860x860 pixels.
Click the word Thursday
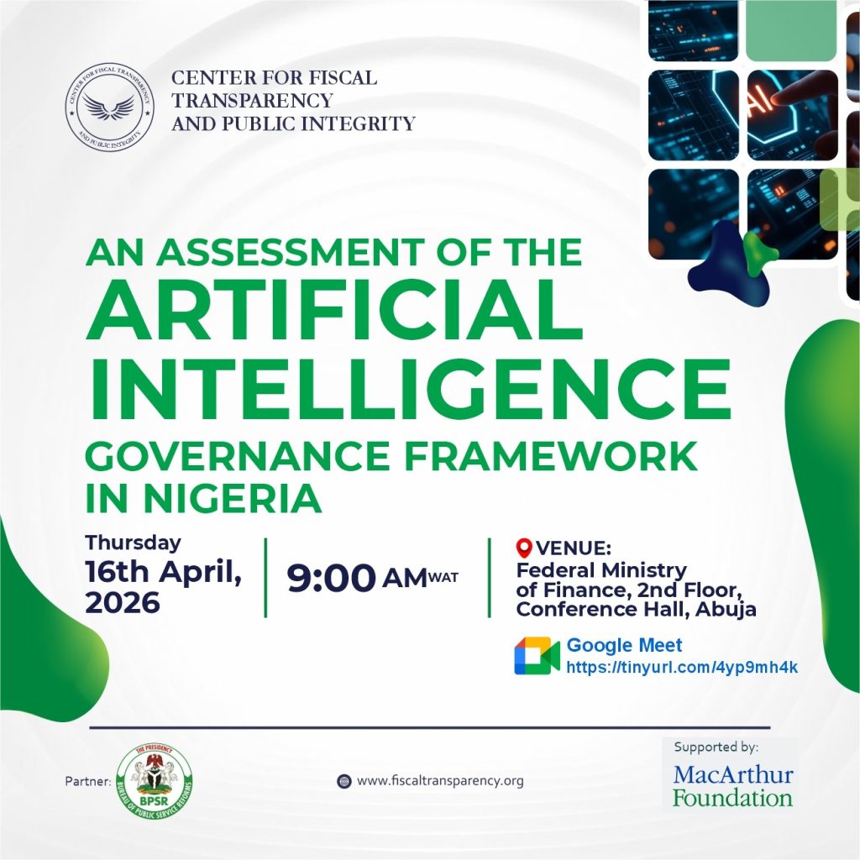133,543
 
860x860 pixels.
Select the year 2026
122,601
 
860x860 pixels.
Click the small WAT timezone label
443,577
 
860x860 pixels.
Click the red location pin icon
524,548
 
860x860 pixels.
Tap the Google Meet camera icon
537,655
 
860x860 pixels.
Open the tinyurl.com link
681,667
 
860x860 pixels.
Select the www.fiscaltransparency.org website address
440,780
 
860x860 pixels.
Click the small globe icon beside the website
343,780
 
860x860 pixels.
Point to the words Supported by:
716,746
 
